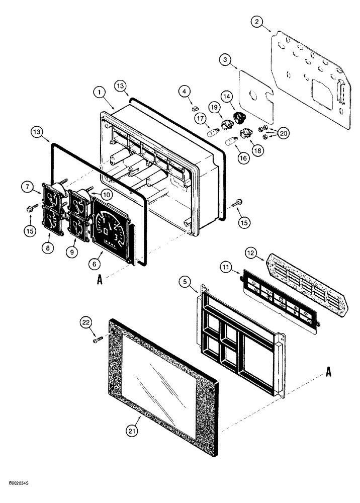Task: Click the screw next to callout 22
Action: (98, 341)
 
